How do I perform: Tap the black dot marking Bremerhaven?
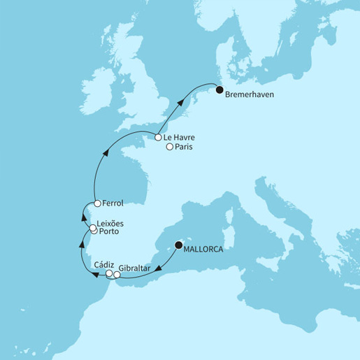tap(218, 90)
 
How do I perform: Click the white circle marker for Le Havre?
tap(159, 138)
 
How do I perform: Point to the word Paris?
tap(184, 147)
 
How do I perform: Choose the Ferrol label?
tap(113, 203)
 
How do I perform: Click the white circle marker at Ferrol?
tap(97, 203)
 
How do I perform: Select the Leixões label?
tap(115, 226)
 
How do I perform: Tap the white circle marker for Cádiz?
tap(109, 273)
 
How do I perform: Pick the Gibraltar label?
tap(136, 268)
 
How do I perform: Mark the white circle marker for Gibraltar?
tap(117, 274)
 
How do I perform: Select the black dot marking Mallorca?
tap(180, 245)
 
